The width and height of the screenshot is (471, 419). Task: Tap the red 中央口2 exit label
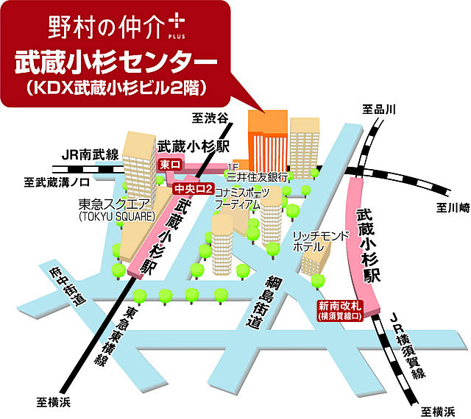tap(193, 190)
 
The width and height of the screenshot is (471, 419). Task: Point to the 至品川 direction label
tap(379, 110)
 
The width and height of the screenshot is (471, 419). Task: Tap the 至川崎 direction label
tap(448, 208)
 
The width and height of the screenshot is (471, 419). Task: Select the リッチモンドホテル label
tap(317, 242)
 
